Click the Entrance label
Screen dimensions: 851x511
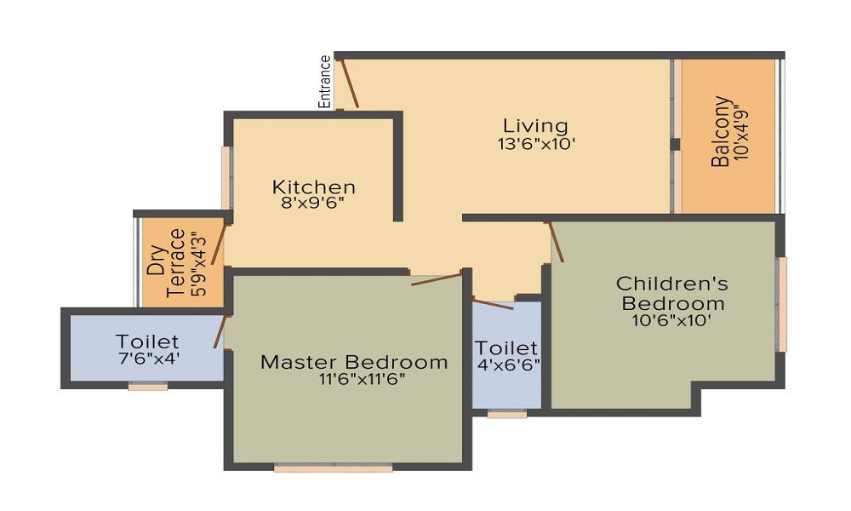click(x=324, y=82)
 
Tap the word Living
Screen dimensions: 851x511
click(x=535, y=126)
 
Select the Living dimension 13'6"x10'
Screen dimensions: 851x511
click(x=536, y=144)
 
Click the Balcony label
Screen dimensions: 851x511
click(x=720, y=131)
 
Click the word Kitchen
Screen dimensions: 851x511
click(x=314, y=187)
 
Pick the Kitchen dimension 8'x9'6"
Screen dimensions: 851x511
click(x=313, y=203)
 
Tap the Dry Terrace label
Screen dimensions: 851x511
click(x=167, y=263)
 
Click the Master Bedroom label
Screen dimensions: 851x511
click(x=354, y=362)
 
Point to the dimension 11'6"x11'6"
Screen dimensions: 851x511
click(x=362, y=378)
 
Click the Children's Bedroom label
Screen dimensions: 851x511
click(x=672, y=293)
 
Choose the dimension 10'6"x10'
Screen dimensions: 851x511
click(x=672, y=320)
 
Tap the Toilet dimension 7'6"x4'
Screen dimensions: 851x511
click(x=149, y=359)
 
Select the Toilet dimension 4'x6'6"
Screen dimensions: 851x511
click(x=509, y=365)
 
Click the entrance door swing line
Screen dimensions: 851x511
click(x=348, y=83)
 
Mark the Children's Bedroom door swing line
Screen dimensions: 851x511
click(x=556, y=242)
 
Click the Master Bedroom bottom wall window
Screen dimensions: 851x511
click(x=334, y=468)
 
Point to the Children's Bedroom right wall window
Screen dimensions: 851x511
click(x=782, y=305)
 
